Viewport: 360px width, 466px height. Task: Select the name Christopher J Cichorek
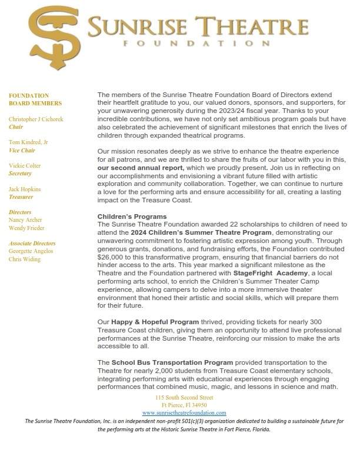point(36,119)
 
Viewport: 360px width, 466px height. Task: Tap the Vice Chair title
point(22,150)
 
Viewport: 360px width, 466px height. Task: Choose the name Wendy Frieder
point(26,228)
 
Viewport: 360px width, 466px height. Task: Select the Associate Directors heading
point(32,243)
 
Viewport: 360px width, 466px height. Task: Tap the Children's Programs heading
point(132,217)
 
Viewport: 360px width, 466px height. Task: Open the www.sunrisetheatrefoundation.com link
point(184,413)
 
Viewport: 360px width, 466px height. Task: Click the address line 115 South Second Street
point(184,398)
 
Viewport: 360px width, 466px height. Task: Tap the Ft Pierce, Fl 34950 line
point(184,405)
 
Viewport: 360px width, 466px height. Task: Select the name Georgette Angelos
point(31,251)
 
